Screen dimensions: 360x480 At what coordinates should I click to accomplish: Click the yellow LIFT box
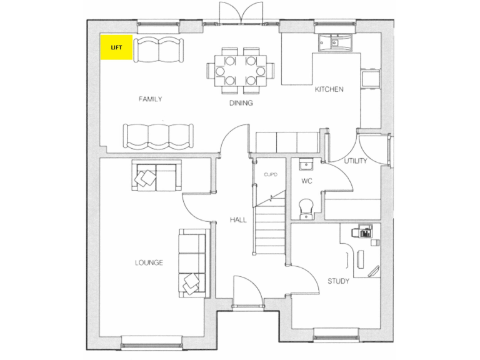point(116,47)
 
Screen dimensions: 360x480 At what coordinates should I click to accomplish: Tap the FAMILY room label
point(151,99)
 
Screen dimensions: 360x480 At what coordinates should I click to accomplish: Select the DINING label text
point(241,103)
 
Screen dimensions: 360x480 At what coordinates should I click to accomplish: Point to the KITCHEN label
point(329,89)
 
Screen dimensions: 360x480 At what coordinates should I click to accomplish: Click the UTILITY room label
point(355,161)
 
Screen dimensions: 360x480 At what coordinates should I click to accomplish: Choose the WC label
point(306,181)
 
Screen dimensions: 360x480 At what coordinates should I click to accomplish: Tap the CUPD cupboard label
point(270,174)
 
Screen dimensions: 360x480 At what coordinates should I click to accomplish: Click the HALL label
point(238,220)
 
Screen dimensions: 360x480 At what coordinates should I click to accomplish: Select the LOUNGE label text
point(149,262)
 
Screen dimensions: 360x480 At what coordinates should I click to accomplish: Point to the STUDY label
point(338,281)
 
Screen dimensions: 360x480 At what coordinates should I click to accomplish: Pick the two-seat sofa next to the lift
point(157,49)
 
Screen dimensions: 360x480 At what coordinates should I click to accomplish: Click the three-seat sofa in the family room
point(157,134)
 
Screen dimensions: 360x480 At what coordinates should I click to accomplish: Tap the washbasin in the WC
point(306,165)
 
